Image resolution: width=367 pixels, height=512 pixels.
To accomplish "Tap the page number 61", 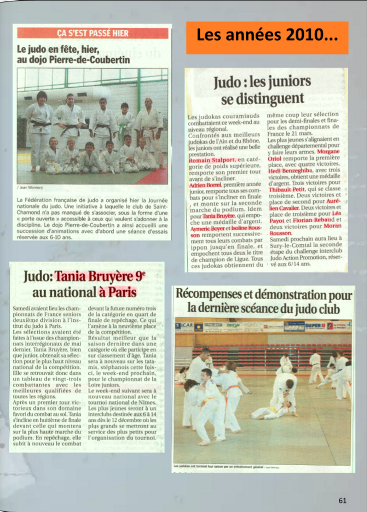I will [342, 500].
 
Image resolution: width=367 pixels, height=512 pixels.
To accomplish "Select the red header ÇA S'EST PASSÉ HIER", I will [93, 33].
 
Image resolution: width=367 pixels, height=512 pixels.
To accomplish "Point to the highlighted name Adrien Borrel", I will [206, 185].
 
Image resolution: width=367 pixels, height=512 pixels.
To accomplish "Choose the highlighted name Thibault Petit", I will [287, 189].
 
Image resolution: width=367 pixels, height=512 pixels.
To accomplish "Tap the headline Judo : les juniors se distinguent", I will [262, 90].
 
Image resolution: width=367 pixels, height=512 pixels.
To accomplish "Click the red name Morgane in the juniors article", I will [328, 152].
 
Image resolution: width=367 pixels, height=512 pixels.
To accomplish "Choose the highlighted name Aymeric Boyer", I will [207, 228].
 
